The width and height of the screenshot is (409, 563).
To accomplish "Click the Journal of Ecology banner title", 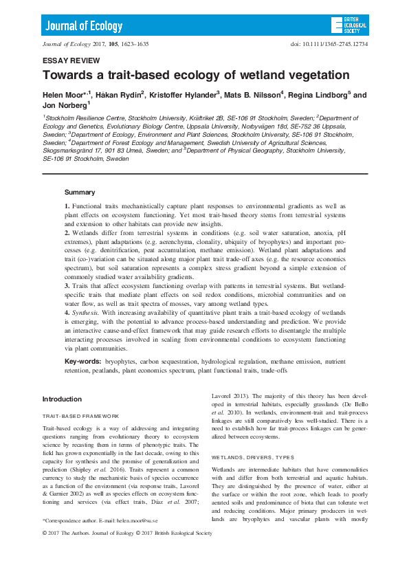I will (x=84, y=27).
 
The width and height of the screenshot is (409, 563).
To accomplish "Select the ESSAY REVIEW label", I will (x=65, y=60).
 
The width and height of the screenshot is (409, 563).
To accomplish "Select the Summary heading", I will (x=80, y=192).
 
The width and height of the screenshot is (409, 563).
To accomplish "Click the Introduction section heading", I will (x=62, y=399).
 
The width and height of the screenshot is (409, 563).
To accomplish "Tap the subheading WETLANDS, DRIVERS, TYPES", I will (x=252, y=456).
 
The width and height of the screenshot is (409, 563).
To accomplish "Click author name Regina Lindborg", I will (x=322, y=95).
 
